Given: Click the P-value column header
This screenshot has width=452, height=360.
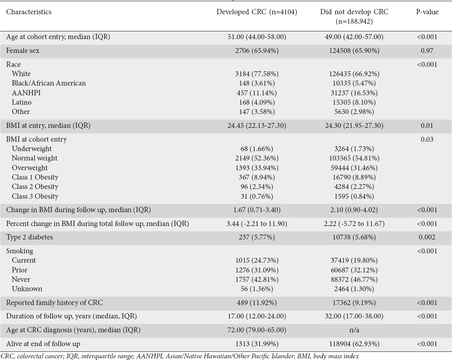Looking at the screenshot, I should (427, 12).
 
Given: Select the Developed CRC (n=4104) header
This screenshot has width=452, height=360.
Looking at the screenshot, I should (257, 12).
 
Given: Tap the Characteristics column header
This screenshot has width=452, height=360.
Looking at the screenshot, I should (29, 12).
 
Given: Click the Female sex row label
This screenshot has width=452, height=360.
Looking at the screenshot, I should (23, 51).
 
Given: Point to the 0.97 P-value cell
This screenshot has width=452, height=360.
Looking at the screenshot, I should (427, 51).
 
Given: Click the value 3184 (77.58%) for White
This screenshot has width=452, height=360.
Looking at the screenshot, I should (257, 74).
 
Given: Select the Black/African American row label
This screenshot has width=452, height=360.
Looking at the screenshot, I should (49, 83).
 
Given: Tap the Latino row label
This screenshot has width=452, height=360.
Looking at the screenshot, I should (22, 102).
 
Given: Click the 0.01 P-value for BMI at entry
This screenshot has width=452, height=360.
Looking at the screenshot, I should (427, 126).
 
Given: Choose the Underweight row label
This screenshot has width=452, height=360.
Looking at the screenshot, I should (32, 149).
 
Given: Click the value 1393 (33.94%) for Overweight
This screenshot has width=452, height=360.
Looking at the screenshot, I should (257, 168).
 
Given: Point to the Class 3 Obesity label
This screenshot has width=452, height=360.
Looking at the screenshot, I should (35, 196).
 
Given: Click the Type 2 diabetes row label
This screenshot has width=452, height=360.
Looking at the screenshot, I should (29, 237).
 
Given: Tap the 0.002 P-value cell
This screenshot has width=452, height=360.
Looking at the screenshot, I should (427, 237).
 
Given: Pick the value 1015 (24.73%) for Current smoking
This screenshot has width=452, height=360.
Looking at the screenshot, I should (257, 260).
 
